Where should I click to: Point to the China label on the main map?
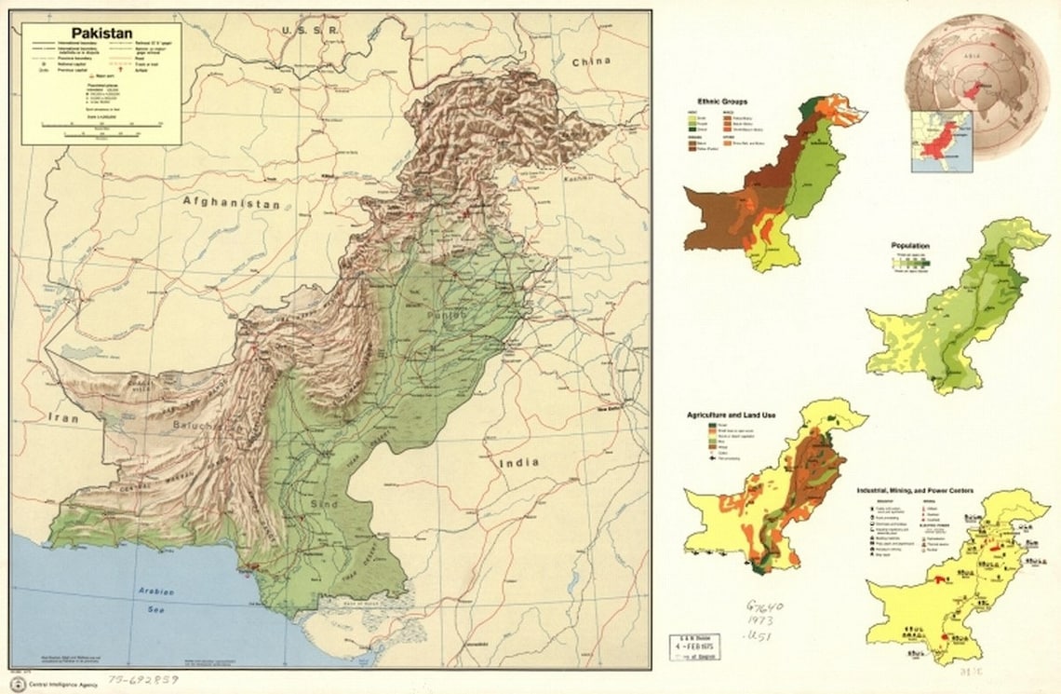point(591,61)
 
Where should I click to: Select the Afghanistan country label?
point(231,201)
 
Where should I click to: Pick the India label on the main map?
point(519,462)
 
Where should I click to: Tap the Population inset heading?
point(909,246)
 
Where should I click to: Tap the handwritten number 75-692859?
point(142,681)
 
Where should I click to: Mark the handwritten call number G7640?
point(765,606)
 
